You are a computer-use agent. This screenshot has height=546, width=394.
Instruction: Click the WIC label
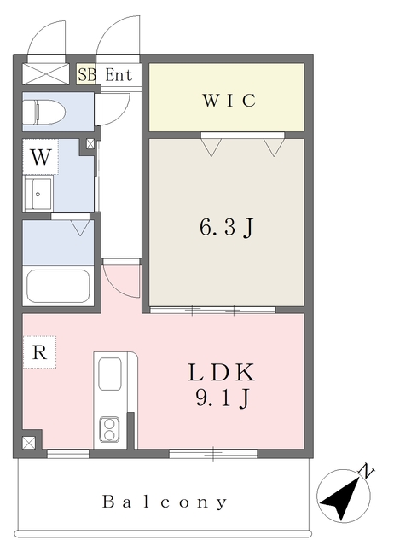[229, 101]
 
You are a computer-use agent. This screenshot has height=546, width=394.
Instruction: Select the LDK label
[222, 372]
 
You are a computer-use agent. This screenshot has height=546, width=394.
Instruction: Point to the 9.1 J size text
[223, 398]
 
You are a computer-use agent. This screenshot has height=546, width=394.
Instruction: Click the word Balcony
[165, 502]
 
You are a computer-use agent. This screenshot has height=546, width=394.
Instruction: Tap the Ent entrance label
[119, 75]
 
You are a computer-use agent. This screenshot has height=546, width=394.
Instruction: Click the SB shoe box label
[87, 74]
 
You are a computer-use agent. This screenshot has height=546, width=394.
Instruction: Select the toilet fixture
[43, 112]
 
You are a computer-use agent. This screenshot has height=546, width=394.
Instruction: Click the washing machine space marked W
[40, 157]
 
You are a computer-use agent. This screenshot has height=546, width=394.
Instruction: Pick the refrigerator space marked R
[39, 352]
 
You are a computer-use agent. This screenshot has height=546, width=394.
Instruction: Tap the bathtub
[58, 287]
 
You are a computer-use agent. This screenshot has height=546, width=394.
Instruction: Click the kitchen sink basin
[110, 374]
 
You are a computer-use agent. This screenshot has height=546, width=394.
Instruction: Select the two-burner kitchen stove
[109, 430]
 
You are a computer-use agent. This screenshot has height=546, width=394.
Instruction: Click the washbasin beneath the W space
[38, 194]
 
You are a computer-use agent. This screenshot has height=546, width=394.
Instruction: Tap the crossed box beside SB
[46, 73]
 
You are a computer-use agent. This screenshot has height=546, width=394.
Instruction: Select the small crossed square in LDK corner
[29, 443]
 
